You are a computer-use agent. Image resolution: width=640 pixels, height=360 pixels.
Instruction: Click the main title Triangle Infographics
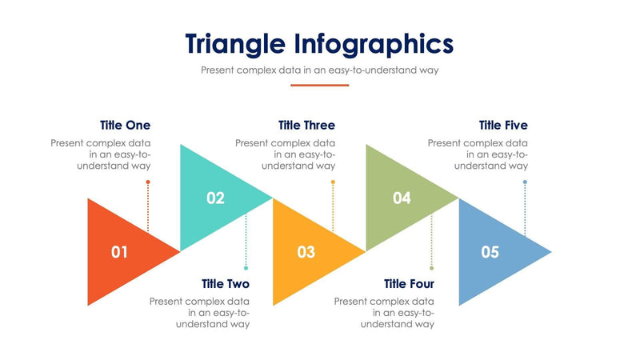click(x=319, y=43)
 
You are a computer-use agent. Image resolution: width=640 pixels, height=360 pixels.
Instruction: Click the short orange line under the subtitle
click(x=319, y=85)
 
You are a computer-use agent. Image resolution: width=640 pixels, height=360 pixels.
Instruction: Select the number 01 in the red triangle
click(x=119, y=252)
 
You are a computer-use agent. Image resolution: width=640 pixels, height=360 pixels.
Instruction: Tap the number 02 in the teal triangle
click(x=215, y=198)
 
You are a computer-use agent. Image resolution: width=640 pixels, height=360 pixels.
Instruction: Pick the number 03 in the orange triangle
click(x=306, y=252)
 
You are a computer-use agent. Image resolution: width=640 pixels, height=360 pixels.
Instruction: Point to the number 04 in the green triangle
click(x=402, y=198)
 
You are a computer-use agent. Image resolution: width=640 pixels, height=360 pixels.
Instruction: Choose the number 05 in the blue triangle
click(x=490, y=252)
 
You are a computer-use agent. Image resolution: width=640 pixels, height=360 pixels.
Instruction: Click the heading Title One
click(x=125, y=126)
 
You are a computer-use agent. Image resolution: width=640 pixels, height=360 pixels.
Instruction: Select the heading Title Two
click(x=225, y=284)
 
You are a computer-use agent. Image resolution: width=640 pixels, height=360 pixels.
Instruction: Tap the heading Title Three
click(x=306, y=126)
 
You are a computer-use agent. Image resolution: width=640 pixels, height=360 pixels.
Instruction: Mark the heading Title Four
click(x=409, y=284)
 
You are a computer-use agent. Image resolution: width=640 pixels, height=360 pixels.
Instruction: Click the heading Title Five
click(x=503, y=126)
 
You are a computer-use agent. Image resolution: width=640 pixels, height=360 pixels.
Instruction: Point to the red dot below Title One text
click(x=148, y=182)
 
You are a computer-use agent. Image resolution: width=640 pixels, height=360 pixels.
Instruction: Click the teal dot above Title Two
click(x=246, y=268)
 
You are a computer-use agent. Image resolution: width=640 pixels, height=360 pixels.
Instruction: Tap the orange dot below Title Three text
click(x=333, y=182)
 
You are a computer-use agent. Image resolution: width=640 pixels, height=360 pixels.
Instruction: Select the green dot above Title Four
click(x=431, y=268)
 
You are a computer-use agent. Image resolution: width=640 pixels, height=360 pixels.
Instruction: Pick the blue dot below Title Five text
click(x=525, y=182)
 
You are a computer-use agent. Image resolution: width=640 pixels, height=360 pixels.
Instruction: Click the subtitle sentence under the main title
click(x=319, y=70)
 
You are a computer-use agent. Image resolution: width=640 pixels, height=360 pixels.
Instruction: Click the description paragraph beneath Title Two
click(x=200, y=313)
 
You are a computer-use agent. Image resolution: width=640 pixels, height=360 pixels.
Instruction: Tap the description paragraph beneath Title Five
click(x=478, y=154)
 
